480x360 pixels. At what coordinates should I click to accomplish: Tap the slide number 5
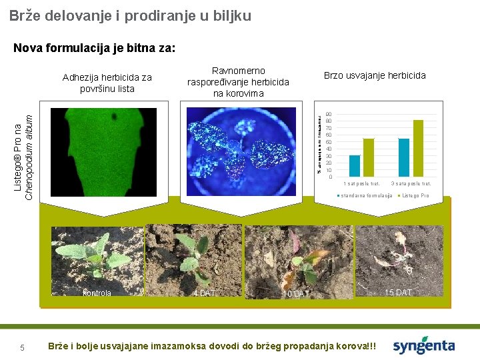tap(22, 347)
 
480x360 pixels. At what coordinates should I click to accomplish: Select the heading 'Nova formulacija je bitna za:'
tap(94, 48)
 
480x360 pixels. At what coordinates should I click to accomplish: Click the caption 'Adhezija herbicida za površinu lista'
tap(107, 83)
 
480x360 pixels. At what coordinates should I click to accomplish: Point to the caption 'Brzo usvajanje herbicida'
tap(374, 75)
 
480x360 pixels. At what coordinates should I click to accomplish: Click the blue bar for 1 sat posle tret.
tap(355, 165)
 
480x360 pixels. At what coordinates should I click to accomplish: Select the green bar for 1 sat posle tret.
tap(369, 157)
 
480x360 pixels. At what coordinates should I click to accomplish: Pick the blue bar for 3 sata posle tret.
tap(404, 157)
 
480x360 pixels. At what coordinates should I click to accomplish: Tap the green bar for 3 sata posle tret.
tap(418, 148)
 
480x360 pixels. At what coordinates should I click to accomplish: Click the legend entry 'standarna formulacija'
tap(365, 195)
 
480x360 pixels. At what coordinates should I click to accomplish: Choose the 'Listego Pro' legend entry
tap(413, 195)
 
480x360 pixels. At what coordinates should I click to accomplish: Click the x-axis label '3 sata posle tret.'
tap(411, 183)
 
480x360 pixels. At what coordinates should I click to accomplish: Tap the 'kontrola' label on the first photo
tap(97, 293)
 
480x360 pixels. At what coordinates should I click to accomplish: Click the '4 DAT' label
tap(203, 293)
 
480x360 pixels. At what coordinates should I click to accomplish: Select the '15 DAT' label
tap(399, 292)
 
